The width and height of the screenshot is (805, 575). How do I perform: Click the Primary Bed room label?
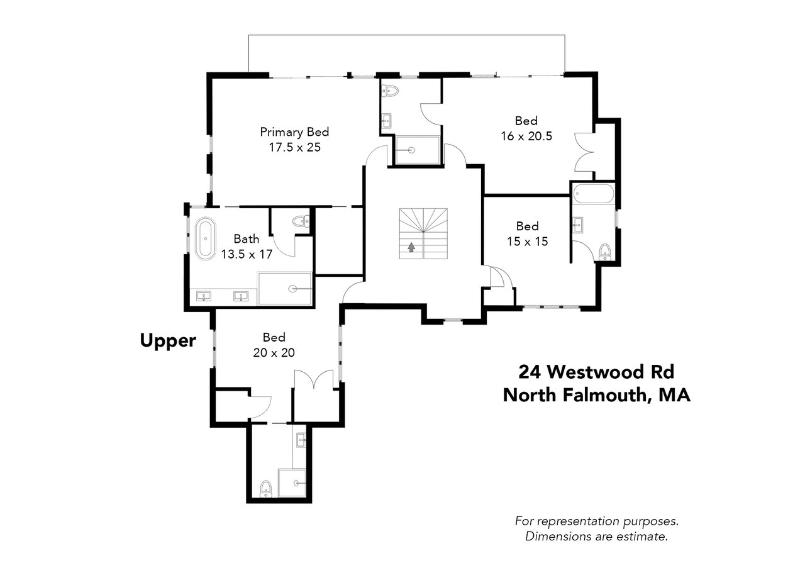(294, 132)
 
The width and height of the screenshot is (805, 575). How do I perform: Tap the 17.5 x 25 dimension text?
(295, 147)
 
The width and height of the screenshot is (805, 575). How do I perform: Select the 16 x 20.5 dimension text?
(526, 137)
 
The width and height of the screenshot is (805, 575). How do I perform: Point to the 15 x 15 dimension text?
(527, 242)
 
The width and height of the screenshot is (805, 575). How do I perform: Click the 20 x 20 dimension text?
(274, 352)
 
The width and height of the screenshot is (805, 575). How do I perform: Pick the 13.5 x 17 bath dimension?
(247, 254)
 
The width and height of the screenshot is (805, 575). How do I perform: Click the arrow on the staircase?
(411, 247)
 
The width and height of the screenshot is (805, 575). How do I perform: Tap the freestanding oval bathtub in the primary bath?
(206, 238)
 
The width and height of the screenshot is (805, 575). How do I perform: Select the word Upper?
(168, 341)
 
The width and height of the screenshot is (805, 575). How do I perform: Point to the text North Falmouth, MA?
(597, 395)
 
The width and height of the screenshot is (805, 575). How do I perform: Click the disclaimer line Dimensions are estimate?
(597, 537)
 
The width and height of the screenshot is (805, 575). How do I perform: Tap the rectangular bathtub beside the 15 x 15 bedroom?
(594, 194)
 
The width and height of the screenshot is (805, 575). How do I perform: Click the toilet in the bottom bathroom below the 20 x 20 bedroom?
(266, 489)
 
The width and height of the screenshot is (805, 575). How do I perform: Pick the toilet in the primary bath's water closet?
(301, 221)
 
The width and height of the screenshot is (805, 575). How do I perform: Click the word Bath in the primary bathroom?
(246, 238)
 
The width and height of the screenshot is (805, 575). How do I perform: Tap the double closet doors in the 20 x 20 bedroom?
(314, 379)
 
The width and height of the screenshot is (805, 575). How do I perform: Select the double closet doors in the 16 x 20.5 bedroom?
(584, 152)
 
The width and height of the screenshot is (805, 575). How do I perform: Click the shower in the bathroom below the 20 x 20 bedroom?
(292, 483)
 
